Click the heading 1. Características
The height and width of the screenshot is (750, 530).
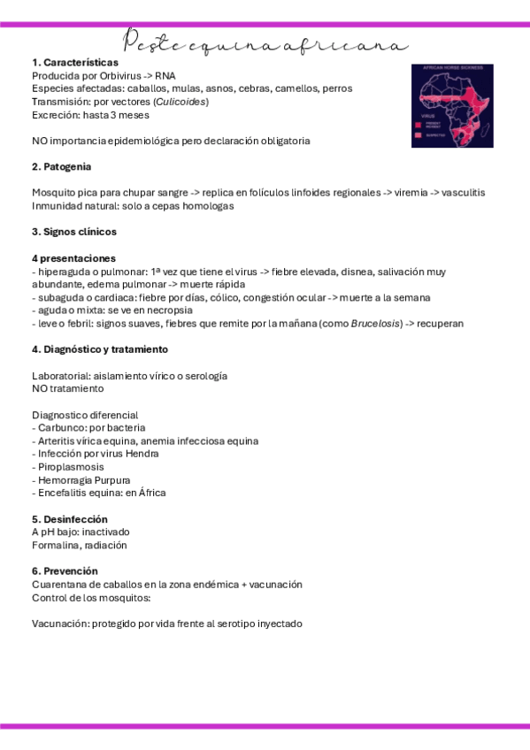click(75, 63)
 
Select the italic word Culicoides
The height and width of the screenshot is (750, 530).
click(180, 102)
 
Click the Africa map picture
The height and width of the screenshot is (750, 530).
click(452, 105)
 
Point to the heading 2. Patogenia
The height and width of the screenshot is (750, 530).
click(61, 166)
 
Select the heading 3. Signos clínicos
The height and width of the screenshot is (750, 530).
click(74, 232)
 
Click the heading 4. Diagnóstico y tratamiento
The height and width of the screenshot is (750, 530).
click(100, 349)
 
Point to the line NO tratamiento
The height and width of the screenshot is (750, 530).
click(68, 388)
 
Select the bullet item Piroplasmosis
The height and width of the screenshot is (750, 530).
click(70, 467)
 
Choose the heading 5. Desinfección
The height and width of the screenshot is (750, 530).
click(70, 519)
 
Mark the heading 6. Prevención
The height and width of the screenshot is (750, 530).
click(65, 571)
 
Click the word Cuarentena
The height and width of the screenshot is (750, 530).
click(59, 585)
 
